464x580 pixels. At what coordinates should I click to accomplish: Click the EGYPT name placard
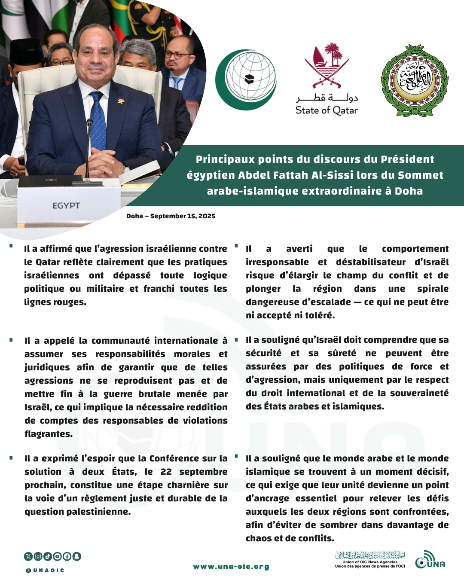(67, 205)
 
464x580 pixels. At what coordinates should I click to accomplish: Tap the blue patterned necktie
(98, 122)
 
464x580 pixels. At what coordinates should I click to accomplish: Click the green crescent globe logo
(246, 80)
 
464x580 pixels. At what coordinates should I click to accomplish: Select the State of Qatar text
(327, 110)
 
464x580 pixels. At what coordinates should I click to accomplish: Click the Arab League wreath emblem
(414, 80)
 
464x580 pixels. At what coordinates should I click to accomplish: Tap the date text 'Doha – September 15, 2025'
(171, 216)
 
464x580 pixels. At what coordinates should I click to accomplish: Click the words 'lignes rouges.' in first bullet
(55, 302)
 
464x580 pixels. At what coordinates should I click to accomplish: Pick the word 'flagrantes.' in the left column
(49, 434)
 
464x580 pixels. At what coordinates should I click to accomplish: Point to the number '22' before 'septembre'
(166, 472)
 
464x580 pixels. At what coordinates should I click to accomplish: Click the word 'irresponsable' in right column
(277, 262)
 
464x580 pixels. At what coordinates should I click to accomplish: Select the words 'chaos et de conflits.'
(290, 538)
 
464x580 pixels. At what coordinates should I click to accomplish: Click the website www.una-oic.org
(231, 567)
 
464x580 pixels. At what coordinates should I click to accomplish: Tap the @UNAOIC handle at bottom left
(45, 571)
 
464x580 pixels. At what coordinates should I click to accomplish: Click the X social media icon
(28, 556)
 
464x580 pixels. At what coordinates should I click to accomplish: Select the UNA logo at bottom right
(430, 560)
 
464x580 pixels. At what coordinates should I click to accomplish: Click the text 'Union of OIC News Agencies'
(370, 562)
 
